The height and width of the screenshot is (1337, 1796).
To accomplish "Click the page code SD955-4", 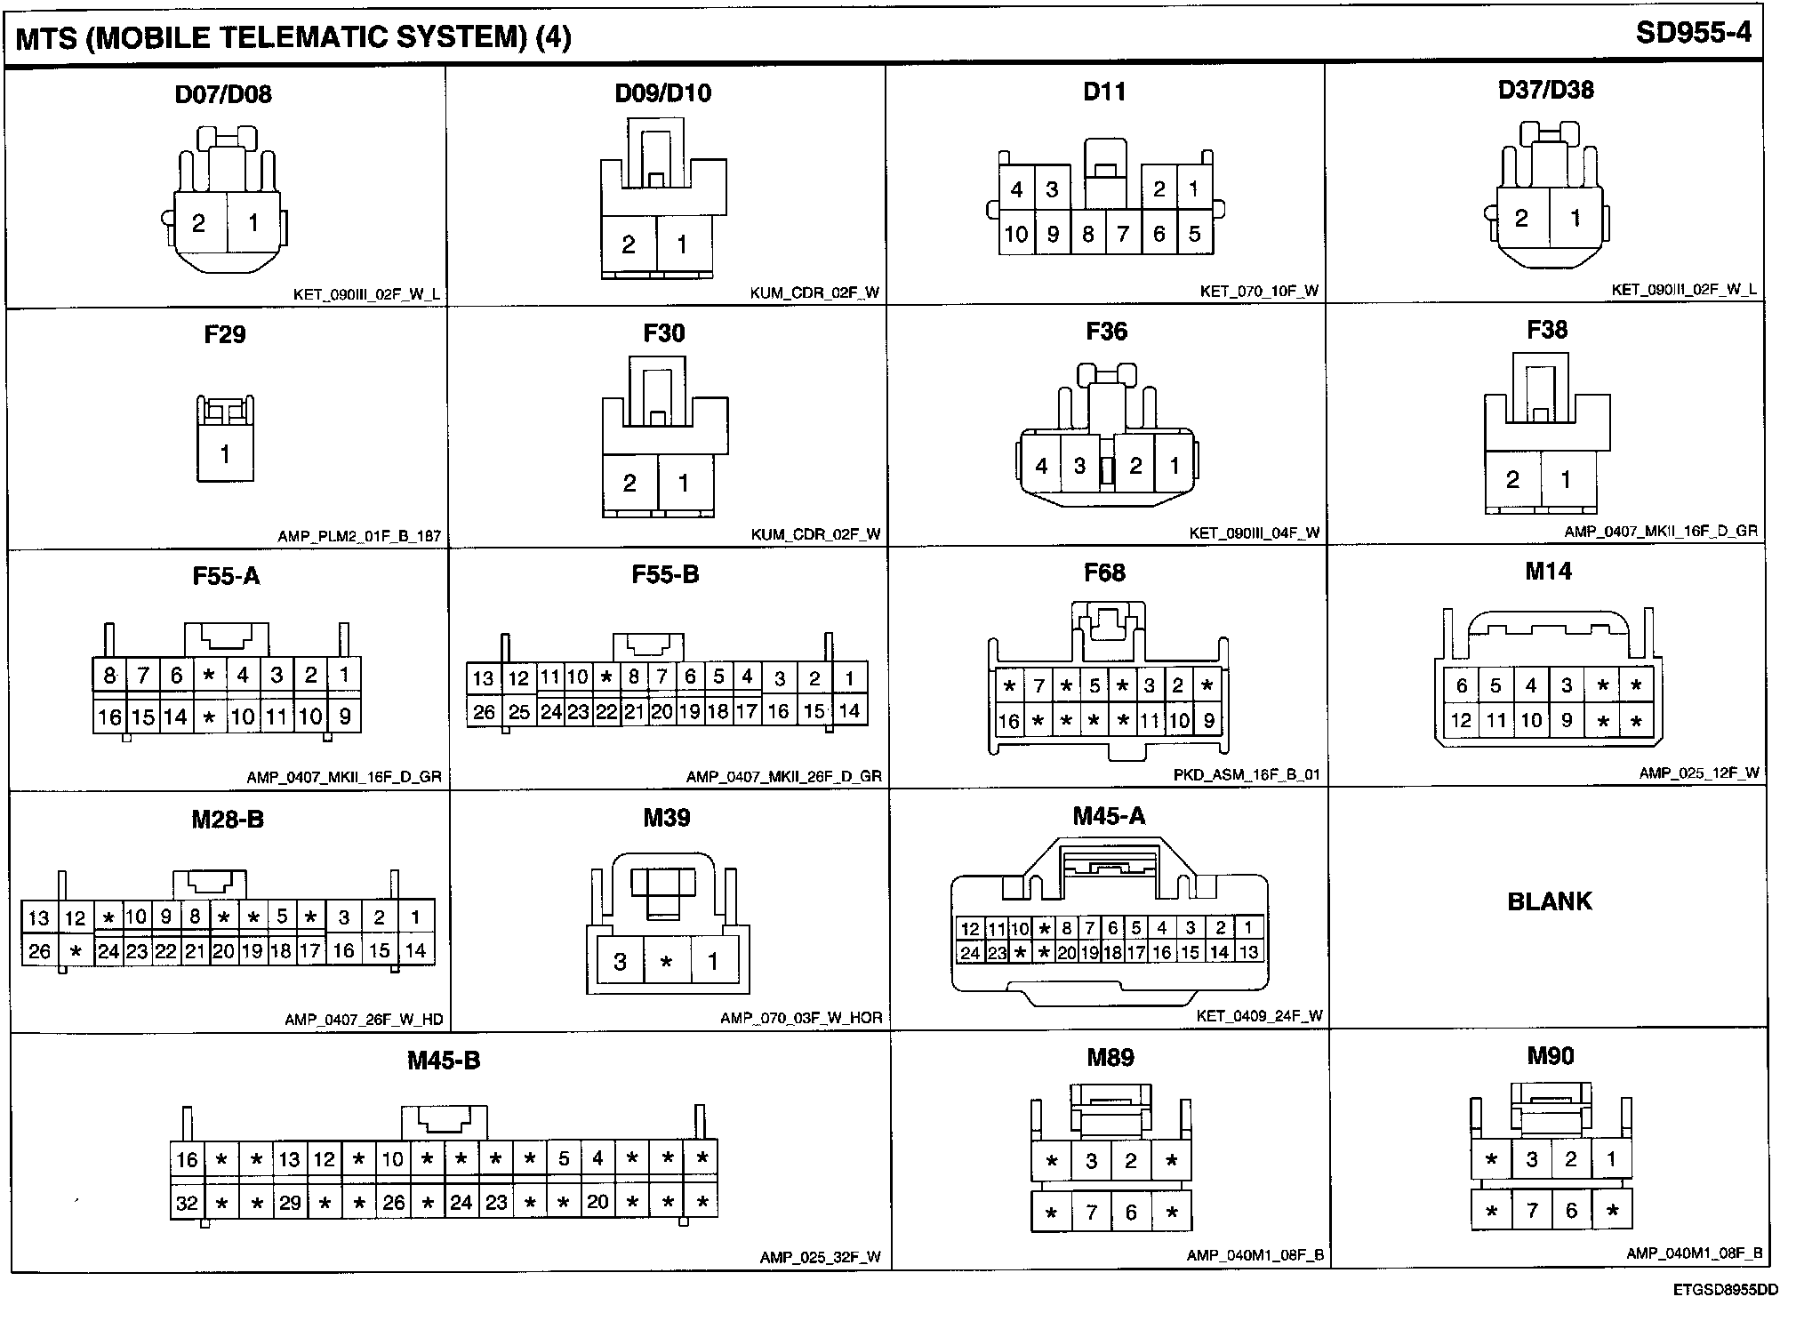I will click(1693, 33).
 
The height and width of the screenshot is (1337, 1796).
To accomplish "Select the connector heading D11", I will click(1104, 92).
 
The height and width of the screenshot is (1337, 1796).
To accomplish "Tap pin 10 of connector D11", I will click(1015, 234).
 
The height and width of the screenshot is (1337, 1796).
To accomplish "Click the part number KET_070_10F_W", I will click(1259, 291).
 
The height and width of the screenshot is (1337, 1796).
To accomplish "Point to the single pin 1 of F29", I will click(225, 454).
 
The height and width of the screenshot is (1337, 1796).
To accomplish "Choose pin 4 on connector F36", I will click(1041, 466).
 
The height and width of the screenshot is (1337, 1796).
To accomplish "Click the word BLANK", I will click(1549, 901).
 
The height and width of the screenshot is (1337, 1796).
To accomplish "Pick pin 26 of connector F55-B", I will click(484, 711).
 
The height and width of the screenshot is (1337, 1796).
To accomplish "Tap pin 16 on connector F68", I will click(1008, 721).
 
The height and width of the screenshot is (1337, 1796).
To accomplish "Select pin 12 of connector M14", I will click(1461, 720).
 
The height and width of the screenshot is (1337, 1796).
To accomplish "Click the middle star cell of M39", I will click(666, 962).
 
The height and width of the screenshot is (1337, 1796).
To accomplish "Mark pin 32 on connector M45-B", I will click(187, 1203).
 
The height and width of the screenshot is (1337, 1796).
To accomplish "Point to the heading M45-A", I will click(1109, 816).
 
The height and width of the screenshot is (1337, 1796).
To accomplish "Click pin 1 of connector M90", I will click(1611, 1159).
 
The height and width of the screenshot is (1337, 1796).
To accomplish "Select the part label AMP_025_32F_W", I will click(820, 1257).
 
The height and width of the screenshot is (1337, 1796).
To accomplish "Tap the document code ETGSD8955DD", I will click(1725, 1290).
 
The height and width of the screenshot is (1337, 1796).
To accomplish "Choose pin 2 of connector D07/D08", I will click(198, 222).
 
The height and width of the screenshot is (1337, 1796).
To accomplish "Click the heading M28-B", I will click(228, 819).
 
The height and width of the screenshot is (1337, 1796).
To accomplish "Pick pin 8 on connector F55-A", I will click(109, 676).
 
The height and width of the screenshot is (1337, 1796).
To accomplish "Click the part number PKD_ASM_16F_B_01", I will click(1247, 774).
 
